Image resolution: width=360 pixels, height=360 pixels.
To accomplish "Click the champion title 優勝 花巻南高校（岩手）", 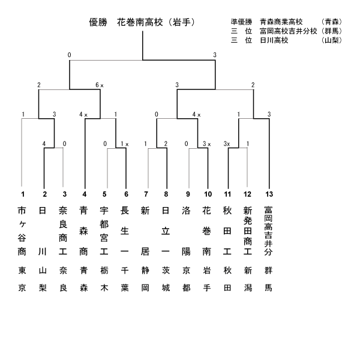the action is pyautogui.click(x=142, y=23).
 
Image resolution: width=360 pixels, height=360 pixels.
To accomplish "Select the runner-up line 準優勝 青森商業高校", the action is pyautogui.click(x=286, y=22).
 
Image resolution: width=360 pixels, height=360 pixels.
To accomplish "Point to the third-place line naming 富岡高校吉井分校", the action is pyautogui.click(x=286, y=31).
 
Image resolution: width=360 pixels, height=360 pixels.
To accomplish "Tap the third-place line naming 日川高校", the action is pyautogui.click(x=286, y=40).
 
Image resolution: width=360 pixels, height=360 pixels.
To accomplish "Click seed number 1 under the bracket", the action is pyautogui.click(x=23, y=194).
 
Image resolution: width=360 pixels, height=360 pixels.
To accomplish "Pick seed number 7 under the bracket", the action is pyautogui.click(x=146, y=194).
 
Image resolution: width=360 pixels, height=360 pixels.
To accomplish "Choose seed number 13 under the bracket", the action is pyautogui.click(x=269, y=194).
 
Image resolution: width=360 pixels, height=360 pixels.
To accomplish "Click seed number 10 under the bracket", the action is pyautogui.click(x=208, y=194).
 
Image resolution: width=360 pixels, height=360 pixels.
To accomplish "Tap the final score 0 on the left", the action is pyautogui.click(x=70, y=55).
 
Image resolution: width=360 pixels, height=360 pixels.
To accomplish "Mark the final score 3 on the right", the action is pyautogui.click(x=215, y=55).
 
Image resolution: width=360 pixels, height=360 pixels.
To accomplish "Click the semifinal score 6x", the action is pyautogui.click(x=100, y=85).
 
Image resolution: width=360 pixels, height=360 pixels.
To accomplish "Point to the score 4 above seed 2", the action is pyautogui.click(x=44, y=144).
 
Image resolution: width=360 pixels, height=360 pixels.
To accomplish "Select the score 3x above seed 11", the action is pyautogui.click(x=227, y=144).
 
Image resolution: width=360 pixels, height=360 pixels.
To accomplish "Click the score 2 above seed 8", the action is pyautogui.click(x=166, y=144).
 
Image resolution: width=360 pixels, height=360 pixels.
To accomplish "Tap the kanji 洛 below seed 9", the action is pyautogui.click(x=186, y=211).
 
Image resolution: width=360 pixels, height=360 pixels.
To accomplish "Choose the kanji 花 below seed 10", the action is pyautogui.click(x=206, y=211).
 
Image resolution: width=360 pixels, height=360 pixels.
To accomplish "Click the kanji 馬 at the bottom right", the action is pyautogui.click(x=268, y=287).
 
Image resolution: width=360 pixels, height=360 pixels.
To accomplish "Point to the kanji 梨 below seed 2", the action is pyautogui.click(x=43, y=287).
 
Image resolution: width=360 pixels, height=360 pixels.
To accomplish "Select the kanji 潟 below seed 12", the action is pyautogui.click(x=248, y=287).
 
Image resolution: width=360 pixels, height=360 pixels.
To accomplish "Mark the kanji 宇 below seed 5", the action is pyautogui.click(x=104, y=211).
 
